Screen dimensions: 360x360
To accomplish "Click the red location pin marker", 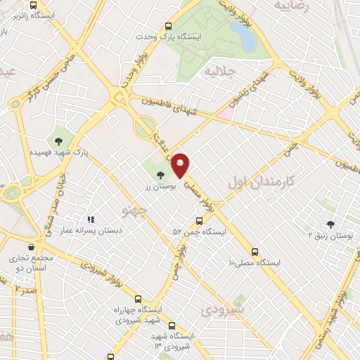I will point(181,164).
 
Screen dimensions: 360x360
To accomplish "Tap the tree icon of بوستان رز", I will point(161,175).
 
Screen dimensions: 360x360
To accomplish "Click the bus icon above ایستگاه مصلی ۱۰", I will point(255,251).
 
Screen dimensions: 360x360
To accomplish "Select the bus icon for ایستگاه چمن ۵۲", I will point(199,220).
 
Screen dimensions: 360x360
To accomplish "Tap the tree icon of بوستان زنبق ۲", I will point(330,224).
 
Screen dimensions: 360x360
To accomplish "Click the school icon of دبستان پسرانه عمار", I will point(91,219).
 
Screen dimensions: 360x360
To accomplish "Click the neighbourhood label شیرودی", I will point(223,309).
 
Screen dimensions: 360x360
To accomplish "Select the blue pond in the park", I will point(243,35).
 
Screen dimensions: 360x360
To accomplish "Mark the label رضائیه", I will point(292,6).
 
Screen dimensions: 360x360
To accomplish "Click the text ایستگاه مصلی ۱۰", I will point(255,263).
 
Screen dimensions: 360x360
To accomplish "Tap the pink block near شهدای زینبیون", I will point(225,112).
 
